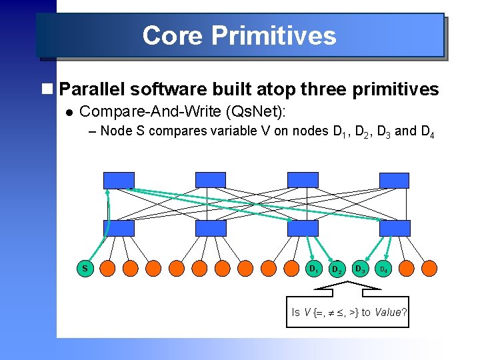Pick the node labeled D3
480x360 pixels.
(x=360, y=269)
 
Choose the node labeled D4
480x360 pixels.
(x=383, y=269)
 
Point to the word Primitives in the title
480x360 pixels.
(x=273, y=35)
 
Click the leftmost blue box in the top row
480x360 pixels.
(x=119, y=180)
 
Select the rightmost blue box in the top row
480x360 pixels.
(x=394, y=180)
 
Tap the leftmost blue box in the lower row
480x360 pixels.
(x=119, y=228)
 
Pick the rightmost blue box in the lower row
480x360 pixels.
(x=394, y=228)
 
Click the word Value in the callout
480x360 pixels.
(x=388, y=312)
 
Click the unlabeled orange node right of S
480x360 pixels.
(x=108, y=269)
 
